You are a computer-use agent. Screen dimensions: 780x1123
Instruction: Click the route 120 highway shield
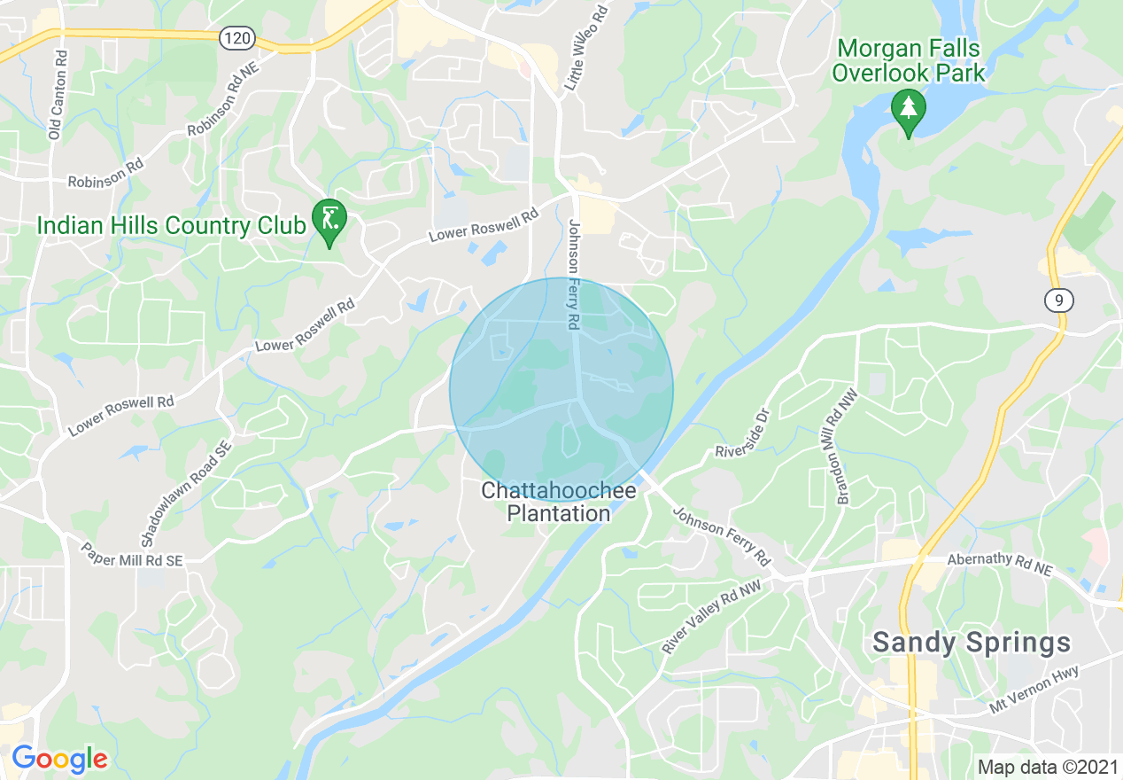237,38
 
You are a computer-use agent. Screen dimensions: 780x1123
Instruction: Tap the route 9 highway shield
1059,300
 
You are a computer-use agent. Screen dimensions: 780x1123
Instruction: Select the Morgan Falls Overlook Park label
909,59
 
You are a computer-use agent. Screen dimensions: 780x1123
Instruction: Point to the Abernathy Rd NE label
999,565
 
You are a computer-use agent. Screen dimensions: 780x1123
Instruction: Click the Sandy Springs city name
972,643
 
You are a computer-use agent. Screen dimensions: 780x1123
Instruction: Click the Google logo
59,759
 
